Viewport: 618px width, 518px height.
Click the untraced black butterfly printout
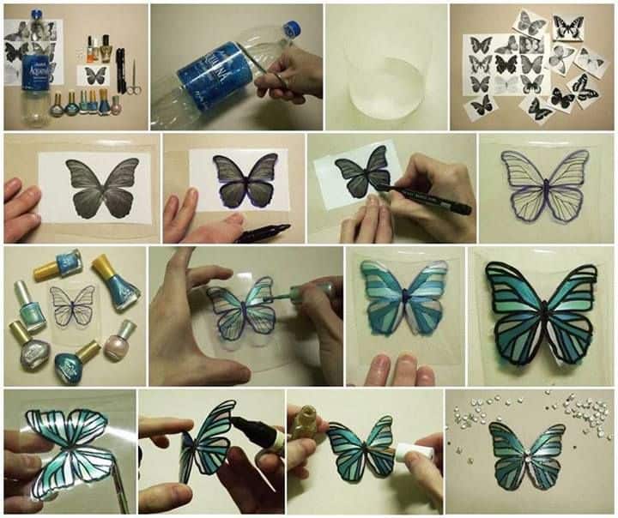pyautogui.click(x=95, y=187)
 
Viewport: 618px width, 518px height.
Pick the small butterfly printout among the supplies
pyautogui.click(x=95, y=75)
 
